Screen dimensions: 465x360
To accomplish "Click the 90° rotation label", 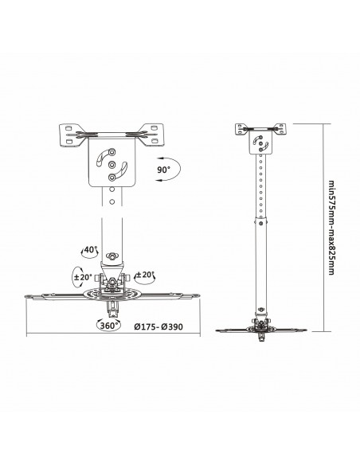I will [163, 170].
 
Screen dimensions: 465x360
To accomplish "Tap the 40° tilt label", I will [90, 249].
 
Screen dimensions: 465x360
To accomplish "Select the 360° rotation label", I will [110, 325].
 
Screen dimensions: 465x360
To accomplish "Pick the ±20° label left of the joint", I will [83, 278].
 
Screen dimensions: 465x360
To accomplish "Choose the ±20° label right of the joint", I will [145, 275].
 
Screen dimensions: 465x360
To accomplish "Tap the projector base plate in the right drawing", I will [260, 327].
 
